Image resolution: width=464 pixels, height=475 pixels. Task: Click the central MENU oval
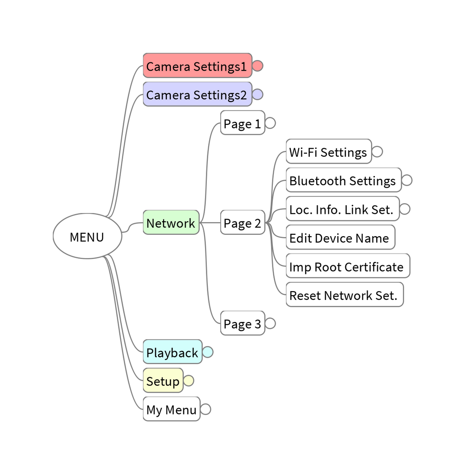(87, 236)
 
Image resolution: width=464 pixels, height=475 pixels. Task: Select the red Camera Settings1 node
(197, 66)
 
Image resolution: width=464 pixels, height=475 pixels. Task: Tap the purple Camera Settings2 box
(197, 94)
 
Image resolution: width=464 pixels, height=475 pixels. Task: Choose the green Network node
(171, 222)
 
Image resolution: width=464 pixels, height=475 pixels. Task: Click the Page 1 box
(242, 123)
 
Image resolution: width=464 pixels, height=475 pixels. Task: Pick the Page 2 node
(242, 223)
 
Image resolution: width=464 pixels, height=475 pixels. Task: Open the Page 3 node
(242, 323)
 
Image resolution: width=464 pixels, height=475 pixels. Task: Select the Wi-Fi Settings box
(328, 152)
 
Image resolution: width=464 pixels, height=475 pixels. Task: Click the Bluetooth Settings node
(343, 180)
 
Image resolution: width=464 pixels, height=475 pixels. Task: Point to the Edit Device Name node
(340, 237)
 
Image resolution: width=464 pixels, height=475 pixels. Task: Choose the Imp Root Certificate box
(347, 266)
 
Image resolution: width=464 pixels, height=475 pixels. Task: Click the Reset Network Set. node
(344, 295)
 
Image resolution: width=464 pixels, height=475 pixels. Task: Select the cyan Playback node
(172, 352)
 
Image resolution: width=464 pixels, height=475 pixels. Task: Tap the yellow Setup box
(163, 381)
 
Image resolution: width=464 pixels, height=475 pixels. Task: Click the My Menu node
(171, 409)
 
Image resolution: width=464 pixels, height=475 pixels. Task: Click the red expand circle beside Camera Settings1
(258, 66)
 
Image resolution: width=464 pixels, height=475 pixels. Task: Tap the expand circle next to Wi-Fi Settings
(377, 152)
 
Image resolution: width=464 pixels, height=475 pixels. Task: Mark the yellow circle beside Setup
(189, 381)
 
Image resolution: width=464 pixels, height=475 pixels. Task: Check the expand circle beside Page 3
(270, 323)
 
